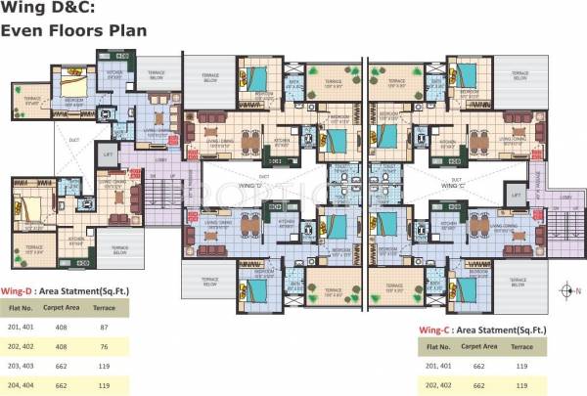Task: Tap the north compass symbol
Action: point(566,290)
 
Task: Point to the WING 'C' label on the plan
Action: point(451,184)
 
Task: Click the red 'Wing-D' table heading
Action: point(20,291)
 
